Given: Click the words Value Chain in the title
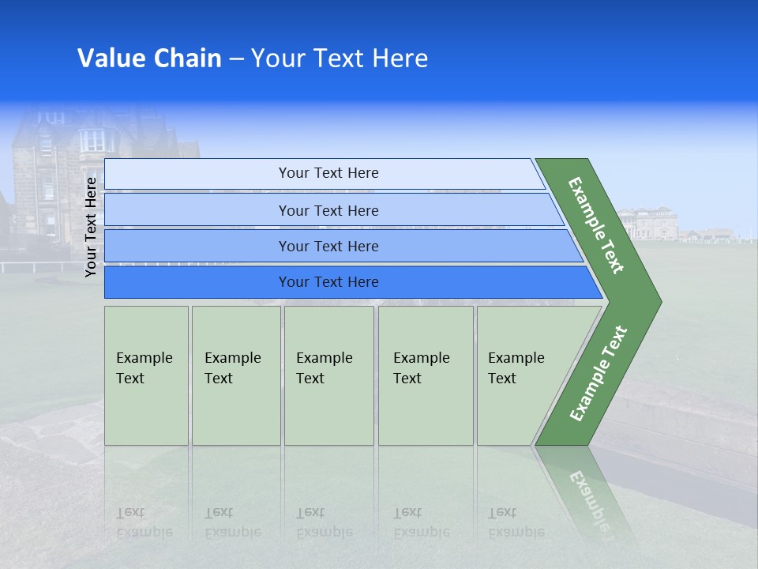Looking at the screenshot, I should click(x=149, y=58).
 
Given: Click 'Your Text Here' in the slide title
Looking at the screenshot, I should click(x=340, y=58).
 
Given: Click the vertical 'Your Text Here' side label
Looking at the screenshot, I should click(x=92, y=227).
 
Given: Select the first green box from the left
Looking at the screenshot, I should click(x=146, y=375).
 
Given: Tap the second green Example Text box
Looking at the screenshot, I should click(x=235, y=375).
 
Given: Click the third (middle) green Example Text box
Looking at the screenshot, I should click(x=328, y=375).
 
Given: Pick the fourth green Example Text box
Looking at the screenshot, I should click(x=425, y=375).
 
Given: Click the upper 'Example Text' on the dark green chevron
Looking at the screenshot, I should click(x=596, y=225).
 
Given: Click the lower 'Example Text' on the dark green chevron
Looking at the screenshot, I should click(x=599, y=374).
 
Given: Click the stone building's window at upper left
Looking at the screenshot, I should click(x=92, y=140).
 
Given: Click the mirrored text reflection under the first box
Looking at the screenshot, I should click(x=144, y=522).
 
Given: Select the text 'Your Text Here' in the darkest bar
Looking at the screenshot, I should click(x=328, y=282).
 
